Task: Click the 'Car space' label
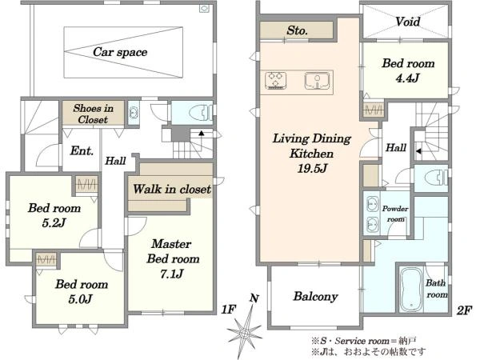[120, 52]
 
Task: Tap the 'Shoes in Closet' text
[93, 114]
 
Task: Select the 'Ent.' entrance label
[82, 150]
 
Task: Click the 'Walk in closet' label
[172, 189]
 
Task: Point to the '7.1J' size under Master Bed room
[172, 274]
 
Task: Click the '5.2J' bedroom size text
[54, 223]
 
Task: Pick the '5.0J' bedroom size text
[80, 299]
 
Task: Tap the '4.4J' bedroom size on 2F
[407, 78]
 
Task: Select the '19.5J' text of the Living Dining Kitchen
[313, 168]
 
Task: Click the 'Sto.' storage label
[297, 30]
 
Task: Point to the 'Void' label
[407, 22]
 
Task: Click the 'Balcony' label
[316, 296]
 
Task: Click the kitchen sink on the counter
[317, 81]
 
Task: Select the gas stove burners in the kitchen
[276, 81]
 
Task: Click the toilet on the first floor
[200, 114]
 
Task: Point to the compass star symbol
[245, 333]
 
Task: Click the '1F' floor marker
[229, 310]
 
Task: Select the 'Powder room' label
[395, 214]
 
